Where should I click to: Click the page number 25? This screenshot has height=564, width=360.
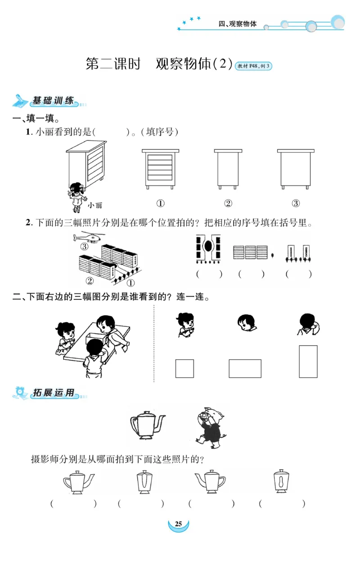pyautogui.click(x=178, y=524)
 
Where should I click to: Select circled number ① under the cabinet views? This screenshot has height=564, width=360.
pyautogui.click(x=160, y=203)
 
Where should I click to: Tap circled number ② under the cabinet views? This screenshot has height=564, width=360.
pyautogui.click(x=228, y=203)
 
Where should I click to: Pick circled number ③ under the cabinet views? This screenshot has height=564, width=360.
pyautogui.click(x=296, y=203)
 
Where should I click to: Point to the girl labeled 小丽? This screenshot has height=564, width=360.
pyautogui.click(x=77, y=197)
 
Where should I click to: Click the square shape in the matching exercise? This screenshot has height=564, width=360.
pyautogui.click(x=184, y=368)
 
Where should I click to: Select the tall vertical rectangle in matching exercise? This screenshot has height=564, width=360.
pyautogui.click(x=308, y=361)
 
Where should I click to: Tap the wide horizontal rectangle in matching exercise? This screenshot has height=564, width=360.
pyautogui.click(x=245, y=368)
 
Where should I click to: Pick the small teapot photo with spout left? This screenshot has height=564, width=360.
pyautogui.click(x=210, y=482)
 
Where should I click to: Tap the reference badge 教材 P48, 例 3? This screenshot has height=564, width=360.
pyautogui.click(x=254, y=66)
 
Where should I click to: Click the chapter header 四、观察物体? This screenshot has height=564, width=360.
pyautogui.click(x=237, y=24)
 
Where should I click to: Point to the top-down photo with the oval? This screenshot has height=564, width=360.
pyautogui.click(x=208, y=248)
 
